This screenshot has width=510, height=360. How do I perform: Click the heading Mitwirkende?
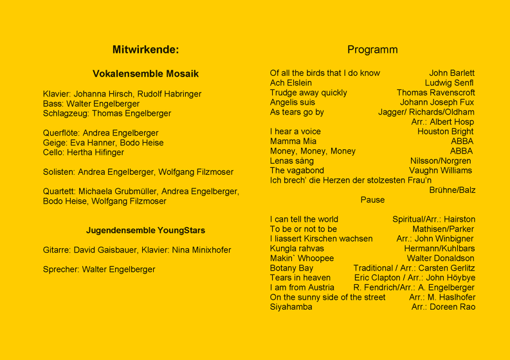pos(145,50)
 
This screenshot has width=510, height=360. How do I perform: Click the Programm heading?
pos(372,50)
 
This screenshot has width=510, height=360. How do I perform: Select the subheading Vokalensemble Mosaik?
pos(145,74)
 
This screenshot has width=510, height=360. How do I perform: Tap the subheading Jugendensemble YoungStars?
pos(145,230)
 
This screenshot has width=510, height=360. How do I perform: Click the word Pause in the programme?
pos(372,200)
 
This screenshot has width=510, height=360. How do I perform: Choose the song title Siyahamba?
pos(291,307)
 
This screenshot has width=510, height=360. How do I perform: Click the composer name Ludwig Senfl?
pos(449,83)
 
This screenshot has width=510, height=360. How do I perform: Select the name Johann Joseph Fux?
pos(437,102)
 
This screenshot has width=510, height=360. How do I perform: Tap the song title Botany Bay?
pos(291,268)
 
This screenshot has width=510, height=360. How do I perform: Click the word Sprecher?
pos(60,269)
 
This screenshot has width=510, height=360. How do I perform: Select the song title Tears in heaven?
pos(300,278)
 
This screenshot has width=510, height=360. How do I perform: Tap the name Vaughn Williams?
pos(441,170)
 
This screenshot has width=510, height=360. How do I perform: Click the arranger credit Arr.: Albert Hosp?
pos(442,122)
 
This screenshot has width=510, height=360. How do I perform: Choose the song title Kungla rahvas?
pos(297,249)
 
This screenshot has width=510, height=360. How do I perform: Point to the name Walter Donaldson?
pos(441,258)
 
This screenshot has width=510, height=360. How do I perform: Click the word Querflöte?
pos(61,133)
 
